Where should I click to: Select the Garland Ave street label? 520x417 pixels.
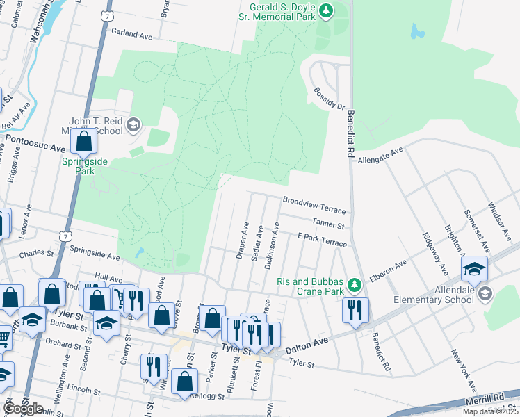(131, 34)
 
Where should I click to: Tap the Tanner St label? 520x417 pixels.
(328, 224)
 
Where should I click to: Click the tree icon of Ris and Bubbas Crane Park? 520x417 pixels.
(355, 284)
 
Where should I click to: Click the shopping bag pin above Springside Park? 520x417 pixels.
(83, 142)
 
